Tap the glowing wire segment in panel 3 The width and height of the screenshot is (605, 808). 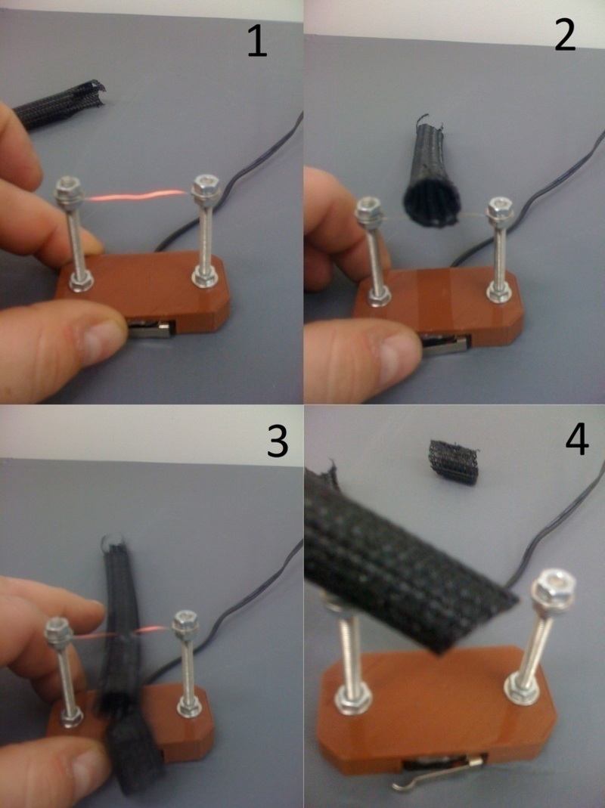147,630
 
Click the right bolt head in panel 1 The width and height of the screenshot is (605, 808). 204,185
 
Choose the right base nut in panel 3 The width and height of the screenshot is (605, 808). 187,707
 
